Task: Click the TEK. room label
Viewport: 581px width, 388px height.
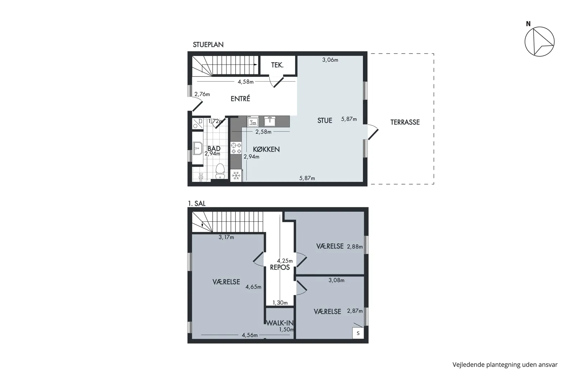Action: pos(277,65)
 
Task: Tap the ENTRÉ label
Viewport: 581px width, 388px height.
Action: pos(240,99)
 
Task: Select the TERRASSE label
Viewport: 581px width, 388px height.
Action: pos(405,122)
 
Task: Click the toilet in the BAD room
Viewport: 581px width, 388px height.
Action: pos(220,171)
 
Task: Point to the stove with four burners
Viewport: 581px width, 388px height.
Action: pos(236,148)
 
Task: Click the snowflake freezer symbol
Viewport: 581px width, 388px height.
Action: pos(236,176)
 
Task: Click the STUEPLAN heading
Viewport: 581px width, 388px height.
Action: pos(208,45)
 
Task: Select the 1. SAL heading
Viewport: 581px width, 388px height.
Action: pos(197,203)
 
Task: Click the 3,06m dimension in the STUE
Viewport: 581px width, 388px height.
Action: pos(330,60)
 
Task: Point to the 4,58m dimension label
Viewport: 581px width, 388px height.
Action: pos(246,82)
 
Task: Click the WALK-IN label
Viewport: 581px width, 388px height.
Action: pos(280,323)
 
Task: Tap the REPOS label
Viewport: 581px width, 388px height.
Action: pos(280,267)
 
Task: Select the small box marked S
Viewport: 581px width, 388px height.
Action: pos(358,333)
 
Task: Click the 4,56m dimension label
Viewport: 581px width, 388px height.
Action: pos(250,335)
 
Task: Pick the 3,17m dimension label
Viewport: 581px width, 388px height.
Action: pos(226,237)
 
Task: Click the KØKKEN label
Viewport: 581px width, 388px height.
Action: pos(266,149)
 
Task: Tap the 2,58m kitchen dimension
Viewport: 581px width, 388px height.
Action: pos(263,132)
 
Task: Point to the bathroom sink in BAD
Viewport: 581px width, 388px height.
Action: pos(198,148)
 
